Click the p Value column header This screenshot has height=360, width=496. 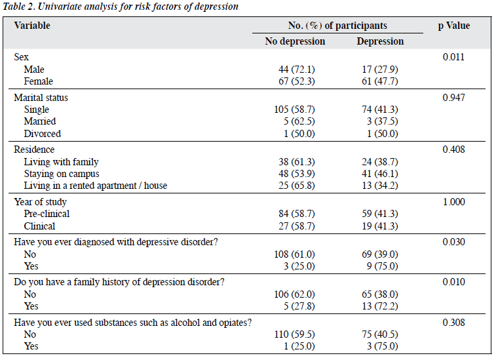(454, 26)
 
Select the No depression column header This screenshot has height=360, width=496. (295, 41)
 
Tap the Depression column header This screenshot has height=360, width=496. (380, 41)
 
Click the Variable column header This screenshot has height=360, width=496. (32, 26)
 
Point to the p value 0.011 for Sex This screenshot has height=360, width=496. (453, 57)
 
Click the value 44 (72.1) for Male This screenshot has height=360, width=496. (297, 70)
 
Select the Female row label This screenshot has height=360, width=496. (38, 81)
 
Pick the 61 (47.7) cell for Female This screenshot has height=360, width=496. (380, 81)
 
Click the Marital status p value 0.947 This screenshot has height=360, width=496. (453, 98)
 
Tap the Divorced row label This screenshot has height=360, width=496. (43, 134)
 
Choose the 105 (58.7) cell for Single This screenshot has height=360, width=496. (294, 110)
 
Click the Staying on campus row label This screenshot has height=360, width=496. (62, 174)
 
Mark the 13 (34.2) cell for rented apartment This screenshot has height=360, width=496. (380, 186)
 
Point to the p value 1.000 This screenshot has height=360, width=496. (454, 202)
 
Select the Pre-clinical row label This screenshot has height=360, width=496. (47, 214)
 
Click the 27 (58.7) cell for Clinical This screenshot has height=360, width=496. (297, 226)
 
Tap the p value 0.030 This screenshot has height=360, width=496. (453, 242)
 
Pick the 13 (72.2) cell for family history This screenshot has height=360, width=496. (380, 306)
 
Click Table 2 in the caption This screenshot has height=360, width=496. (18, 7)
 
